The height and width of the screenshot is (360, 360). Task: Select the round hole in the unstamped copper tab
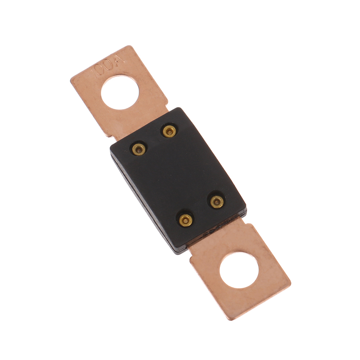point(239,270)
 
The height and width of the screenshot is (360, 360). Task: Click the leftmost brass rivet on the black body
point(139,150)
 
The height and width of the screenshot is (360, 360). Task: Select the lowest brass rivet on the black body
point(185,220)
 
